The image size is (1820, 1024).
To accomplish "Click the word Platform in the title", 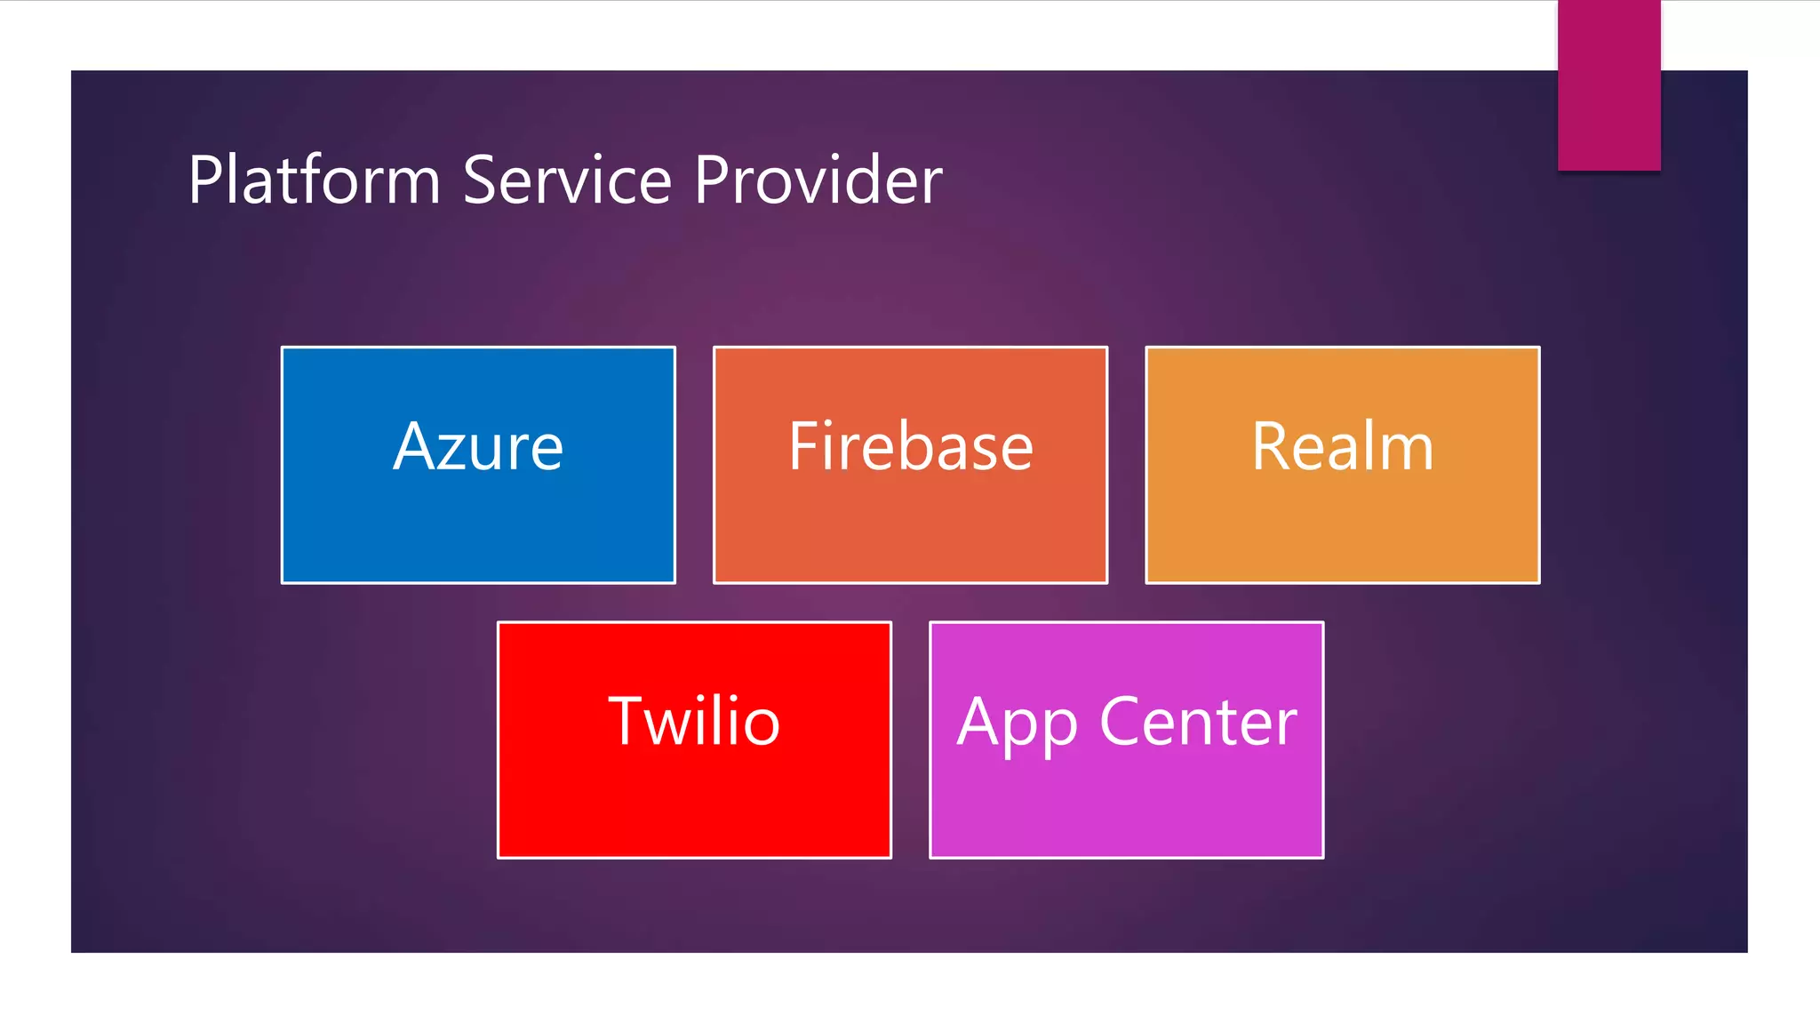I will pos(314,180).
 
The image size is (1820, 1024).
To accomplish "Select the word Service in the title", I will pos(567,180).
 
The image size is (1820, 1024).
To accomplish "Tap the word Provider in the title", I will pos(818,180).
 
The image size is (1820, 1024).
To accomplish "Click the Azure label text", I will pos(478,446).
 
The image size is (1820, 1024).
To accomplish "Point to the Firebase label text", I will pos(911,446).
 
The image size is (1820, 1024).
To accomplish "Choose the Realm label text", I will pos(1343,446).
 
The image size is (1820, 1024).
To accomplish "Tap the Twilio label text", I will pos(694,721).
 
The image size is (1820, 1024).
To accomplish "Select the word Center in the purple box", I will pos(1199,721).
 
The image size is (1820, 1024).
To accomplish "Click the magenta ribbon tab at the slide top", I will pos(1608,85).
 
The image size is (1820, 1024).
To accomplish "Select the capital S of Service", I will pos(481,180).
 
